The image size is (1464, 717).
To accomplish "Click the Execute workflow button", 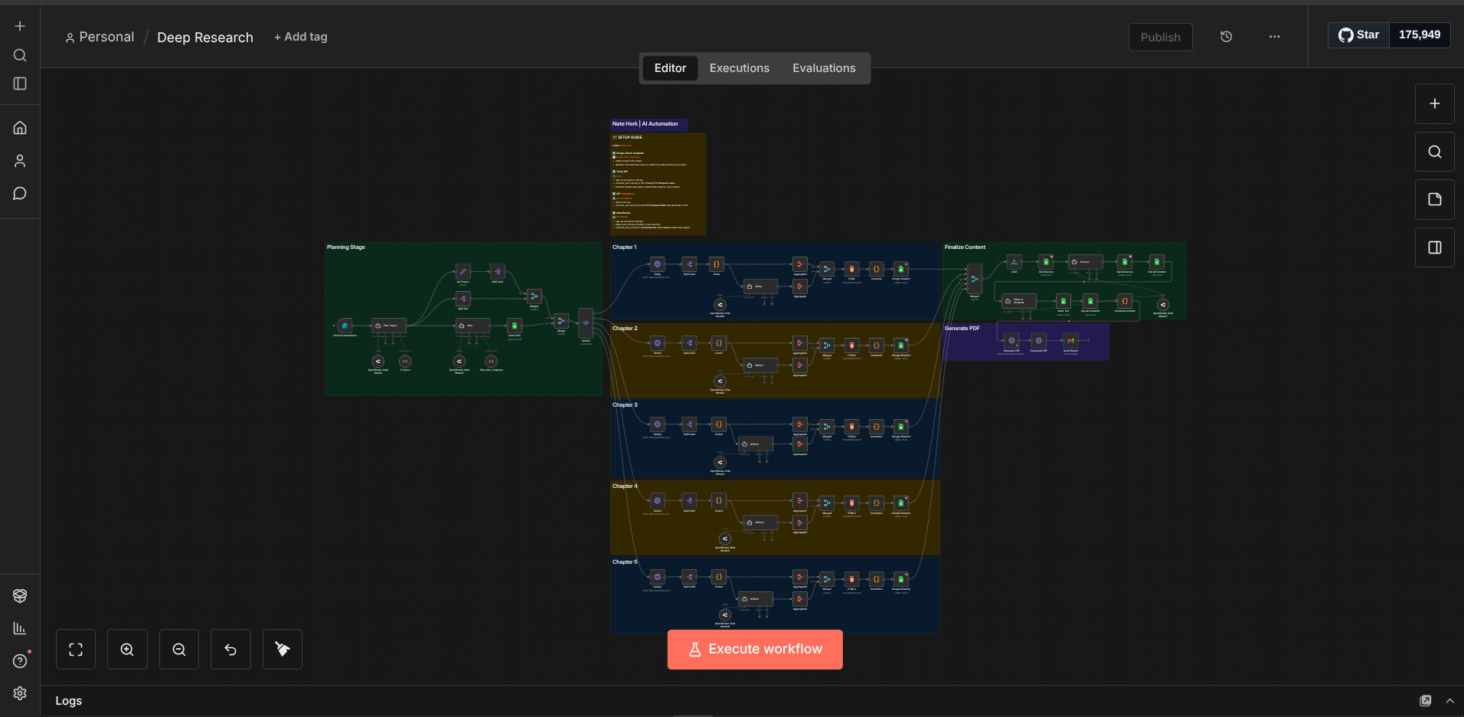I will [755, 650].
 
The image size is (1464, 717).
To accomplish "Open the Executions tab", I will [739, 68].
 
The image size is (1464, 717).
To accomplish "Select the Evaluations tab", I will [824, 68].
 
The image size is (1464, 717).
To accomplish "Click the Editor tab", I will [670, 68].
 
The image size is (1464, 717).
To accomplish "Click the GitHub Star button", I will [1359, 35].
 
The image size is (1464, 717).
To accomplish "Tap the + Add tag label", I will [301, 37].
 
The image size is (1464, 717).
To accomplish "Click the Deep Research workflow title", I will [205, 38].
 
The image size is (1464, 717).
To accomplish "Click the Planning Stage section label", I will [346, 247].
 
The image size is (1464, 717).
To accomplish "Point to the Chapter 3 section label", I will [625, 405].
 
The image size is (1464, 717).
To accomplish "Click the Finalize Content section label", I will [965, 247].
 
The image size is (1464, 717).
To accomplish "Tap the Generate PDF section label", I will [962, 329].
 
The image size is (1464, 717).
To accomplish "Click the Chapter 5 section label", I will [625, 562].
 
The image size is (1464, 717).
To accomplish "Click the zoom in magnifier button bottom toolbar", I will [127, 650].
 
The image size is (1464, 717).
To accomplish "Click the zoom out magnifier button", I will [179, 650].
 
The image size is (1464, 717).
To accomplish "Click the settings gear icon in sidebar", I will [20, 693].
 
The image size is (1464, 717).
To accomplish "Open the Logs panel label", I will [69, 701].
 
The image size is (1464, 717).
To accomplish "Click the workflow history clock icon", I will [1226, 37].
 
